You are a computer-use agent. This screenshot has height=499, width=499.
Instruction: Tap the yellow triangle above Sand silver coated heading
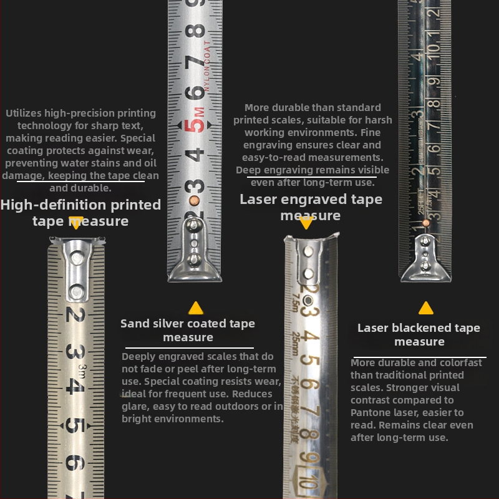(x=196, y=308)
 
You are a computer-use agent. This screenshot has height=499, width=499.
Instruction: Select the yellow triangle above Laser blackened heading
(x=426, y=308)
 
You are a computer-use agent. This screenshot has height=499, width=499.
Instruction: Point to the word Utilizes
(x=27, y=114)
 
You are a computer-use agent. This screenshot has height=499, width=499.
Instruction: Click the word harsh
(x=379, y=120)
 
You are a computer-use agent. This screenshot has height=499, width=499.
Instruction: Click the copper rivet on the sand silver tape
(x=195, y=200)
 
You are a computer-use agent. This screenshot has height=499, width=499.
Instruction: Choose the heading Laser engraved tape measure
(x=311, y=207)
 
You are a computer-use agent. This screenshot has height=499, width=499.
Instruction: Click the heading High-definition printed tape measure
(x=80, y=213)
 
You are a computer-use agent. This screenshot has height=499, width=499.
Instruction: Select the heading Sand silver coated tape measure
(x=188, y=330)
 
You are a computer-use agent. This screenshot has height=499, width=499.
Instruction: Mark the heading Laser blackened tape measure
(x=419, y=334)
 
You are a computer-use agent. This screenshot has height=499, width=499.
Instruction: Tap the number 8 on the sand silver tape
(x=198, y=29)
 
